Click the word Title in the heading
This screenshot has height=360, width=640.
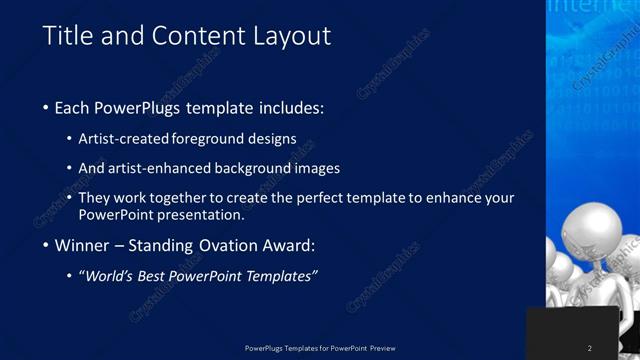66,37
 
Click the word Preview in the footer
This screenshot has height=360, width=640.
383,348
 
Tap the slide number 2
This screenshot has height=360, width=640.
590,348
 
